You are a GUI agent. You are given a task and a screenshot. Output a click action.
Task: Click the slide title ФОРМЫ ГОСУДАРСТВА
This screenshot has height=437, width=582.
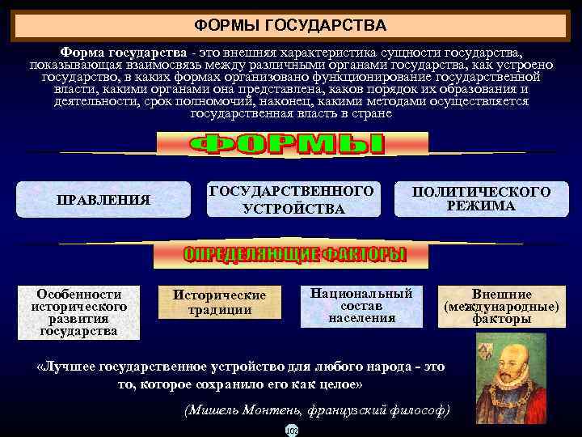291,26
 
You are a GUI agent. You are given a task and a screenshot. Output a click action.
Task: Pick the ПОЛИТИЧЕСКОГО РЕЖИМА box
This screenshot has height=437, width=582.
481,199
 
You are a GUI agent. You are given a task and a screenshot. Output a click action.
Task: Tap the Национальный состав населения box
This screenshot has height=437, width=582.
361,305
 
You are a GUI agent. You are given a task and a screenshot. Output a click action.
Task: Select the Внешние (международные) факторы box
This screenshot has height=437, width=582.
502,307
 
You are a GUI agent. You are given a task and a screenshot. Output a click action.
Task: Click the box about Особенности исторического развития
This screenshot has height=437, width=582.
79,312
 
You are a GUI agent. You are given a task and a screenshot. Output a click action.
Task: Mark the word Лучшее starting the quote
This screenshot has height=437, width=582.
67,367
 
